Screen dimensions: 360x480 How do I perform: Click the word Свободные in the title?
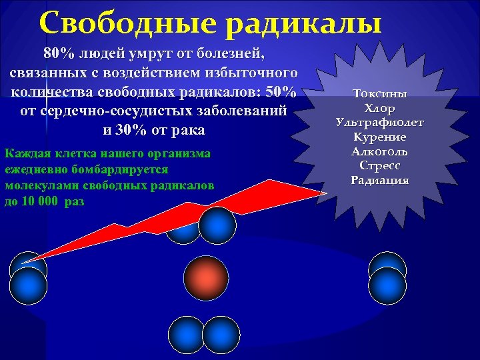(126, 23)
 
